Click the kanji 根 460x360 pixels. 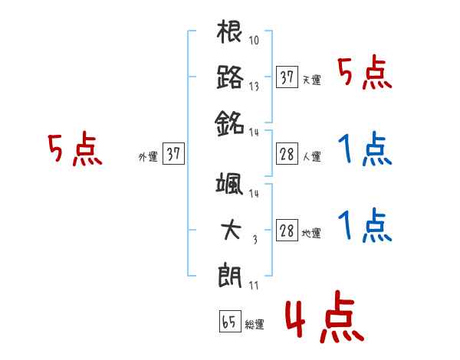230,34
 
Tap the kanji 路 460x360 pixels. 230,77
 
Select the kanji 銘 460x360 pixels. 230,120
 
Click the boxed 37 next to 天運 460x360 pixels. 287,77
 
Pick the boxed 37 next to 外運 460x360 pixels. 173,155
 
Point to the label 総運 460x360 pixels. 255,324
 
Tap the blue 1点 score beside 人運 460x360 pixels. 364,149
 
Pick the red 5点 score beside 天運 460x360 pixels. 364,74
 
